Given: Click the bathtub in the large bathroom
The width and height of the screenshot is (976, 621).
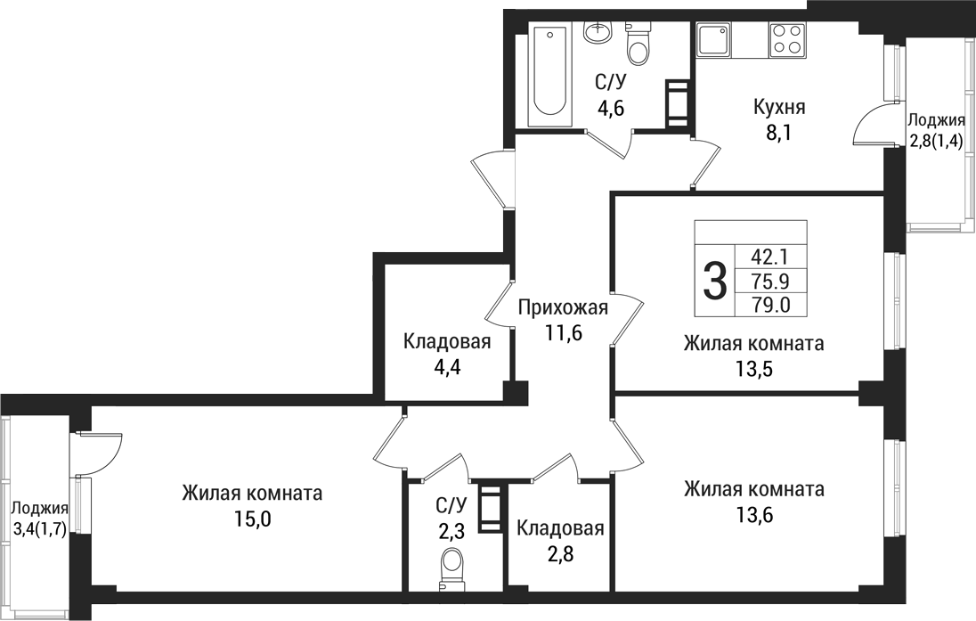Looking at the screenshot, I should [x=549, y=75].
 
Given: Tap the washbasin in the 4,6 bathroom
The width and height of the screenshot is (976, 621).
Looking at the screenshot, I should [x=598, y=32].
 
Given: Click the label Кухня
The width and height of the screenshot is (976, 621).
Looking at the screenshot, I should [x=779, y=108].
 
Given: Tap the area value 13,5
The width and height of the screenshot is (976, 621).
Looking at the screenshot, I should [x=753, y=368].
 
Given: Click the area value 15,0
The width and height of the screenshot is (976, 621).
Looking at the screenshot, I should [x=251, y=518].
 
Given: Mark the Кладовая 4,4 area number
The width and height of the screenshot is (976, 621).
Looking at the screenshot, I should [x=447, y=365].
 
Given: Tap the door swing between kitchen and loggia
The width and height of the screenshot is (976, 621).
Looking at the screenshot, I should [x=868, y=127].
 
